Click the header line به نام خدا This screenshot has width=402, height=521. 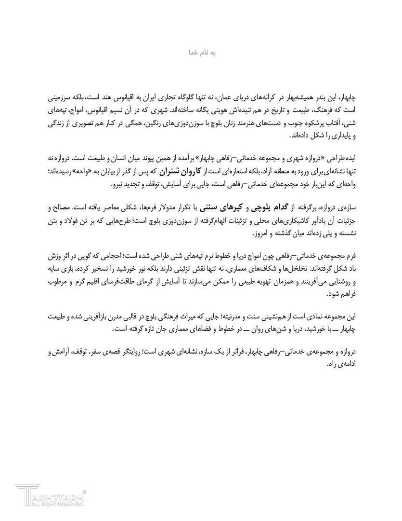201,51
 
